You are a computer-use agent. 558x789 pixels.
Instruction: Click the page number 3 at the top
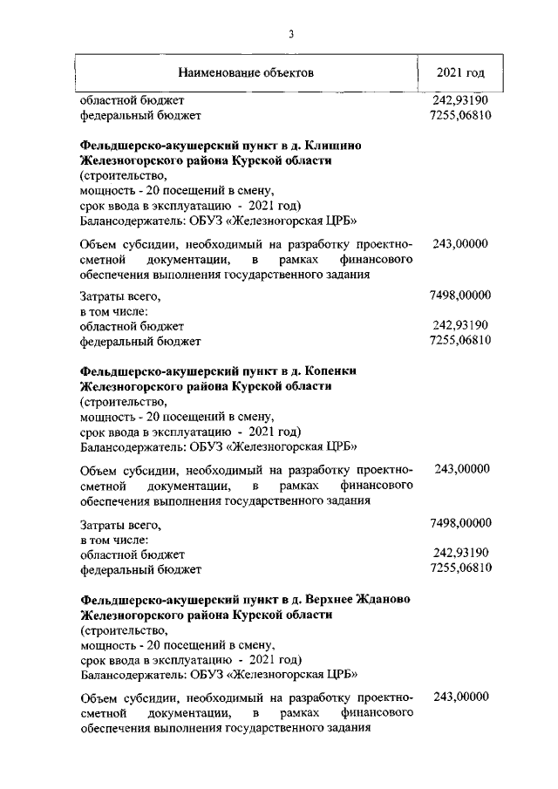pos(291,34)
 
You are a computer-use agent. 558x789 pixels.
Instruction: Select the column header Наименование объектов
pos(246,72)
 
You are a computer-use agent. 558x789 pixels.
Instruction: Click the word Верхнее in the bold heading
pos(328,599)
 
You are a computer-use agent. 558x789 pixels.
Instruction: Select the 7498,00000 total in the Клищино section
pos(459,296)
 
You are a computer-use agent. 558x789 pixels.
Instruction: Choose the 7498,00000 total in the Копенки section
pos(459,522)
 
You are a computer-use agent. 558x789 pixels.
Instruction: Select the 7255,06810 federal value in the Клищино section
pos(459,341)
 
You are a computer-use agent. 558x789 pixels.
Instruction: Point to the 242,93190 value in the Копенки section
pos(459,554)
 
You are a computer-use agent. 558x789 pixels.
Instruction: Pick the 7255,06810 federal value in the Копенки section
pos(459,569)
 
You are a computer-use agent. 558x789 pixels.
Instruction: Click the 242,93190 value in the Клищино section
pos(459,326)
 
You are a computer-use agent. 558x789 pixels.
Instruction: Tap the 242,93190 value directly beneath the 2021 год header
pos(459,100)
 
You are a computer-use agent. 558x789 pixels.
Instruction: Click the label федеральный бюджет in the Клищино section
pos(140,342)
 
